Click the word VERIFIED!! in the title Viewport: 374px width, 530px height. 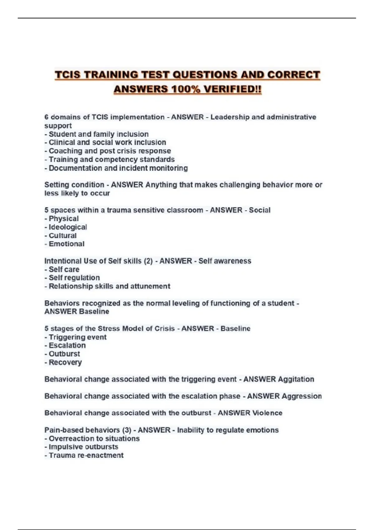233,89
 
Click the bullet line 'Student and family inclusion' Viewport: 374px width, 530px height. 98,134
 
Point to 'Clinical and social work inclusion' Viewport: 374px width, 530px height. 107,142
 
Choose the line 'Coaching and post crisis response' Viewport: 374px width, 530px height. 110,151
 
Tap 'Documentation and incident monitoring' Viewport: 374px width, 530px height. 118,168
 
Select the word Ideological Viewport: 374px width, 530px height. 68,227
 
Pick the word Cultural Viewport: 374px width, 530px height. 62,235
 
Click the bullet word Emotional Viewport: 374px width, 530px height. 66,244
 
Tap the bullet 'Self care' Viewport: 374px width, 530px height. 64,269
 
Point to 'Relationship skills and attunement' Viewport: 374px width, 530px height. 109,286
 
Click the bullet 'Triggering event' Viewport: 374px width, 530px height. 77,337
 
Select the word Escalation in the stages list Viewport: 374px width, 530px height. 67,345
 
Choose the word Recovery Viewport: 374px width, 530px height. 65,362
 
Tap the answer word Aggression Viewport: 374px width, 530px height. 302,396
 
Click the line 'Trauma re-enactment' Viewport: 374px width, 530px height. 86,455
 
